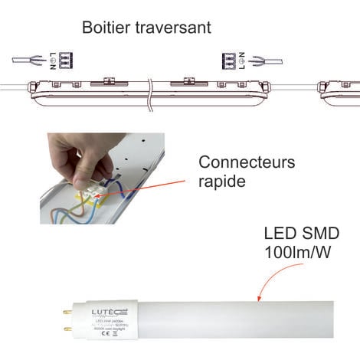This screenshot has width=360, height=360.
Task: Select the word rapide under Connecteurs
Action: click(220, 182)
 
